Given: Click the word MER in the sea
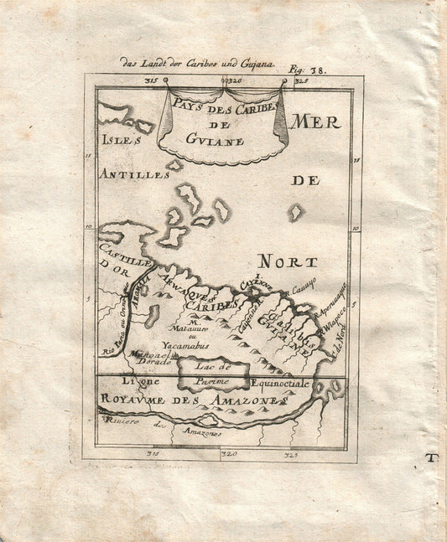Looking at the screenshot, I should (316, 122).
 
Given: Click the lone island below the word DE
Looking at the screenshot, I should (296, 213).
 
